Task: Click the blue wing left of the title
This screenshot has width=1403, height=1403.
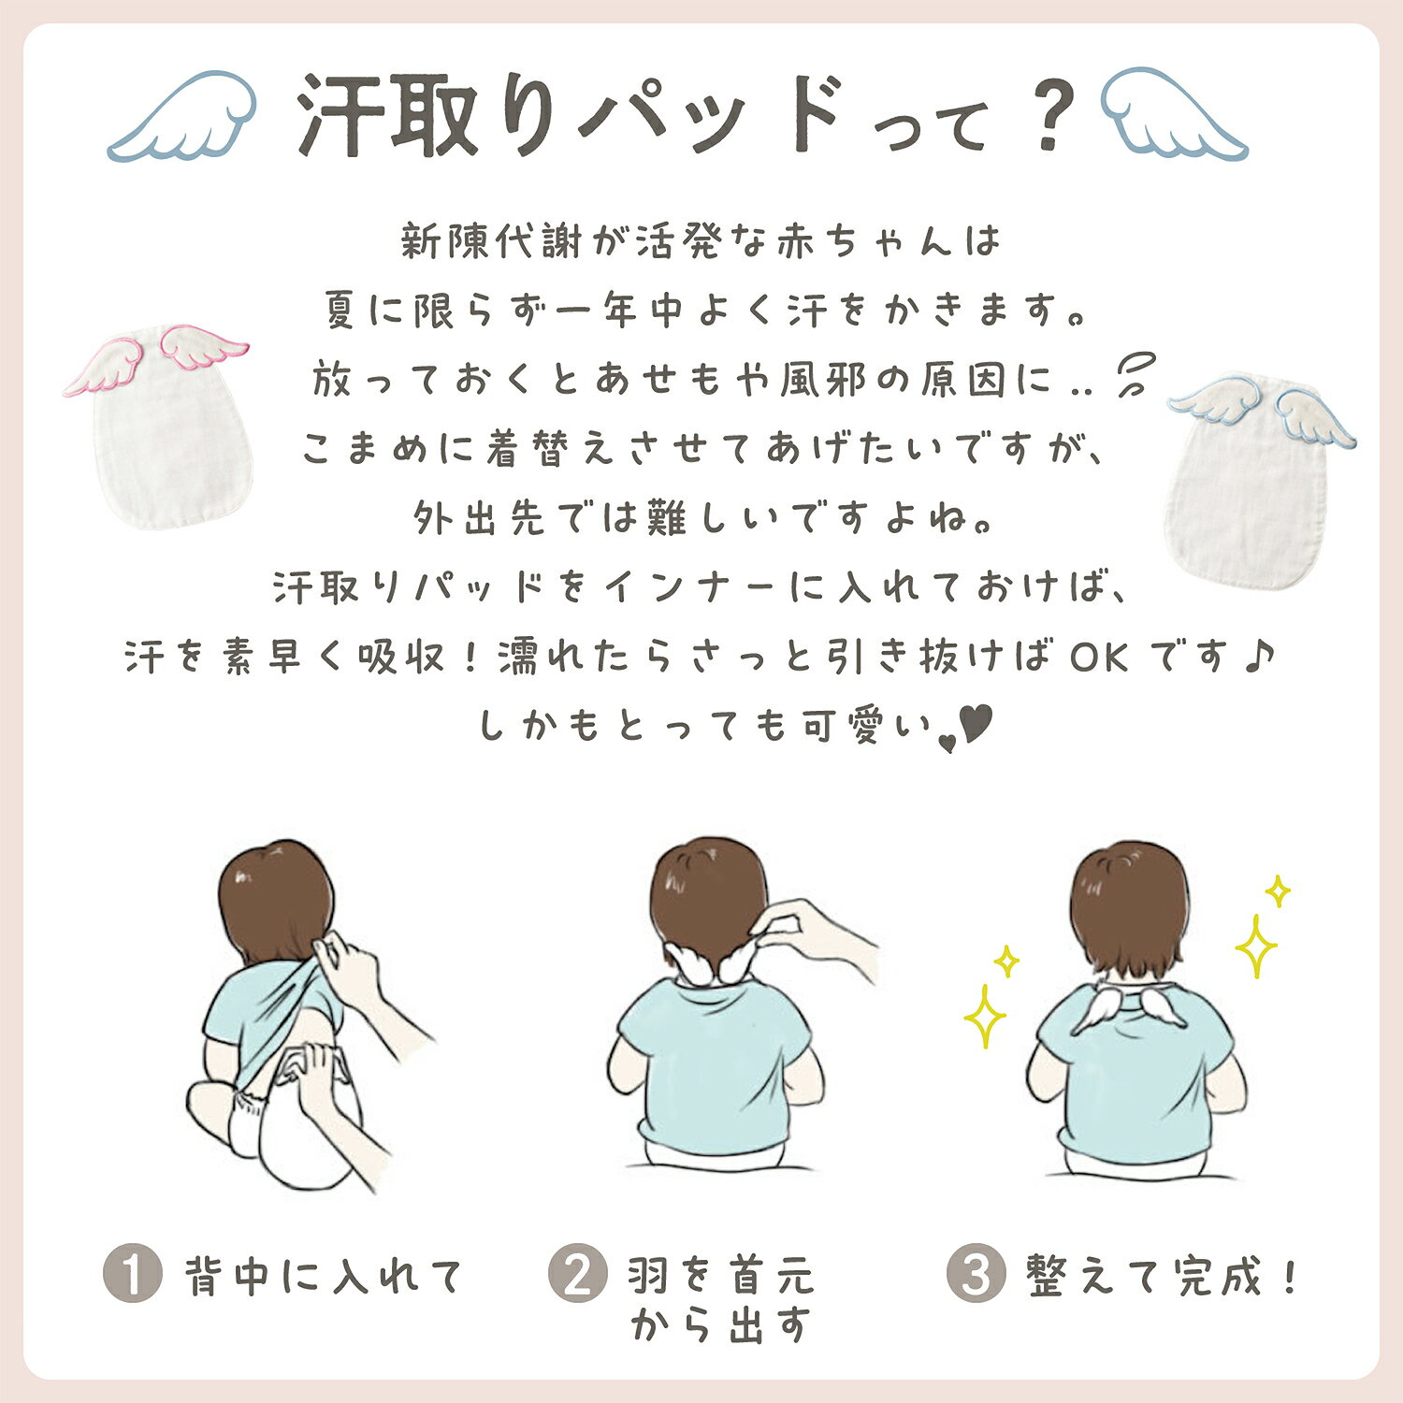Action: tap(182, 116)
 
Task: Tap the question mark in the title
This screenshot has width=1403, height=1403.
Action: tap(1051, 115)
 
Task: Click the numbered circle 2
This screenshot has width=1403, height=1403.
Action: tap(578, 1274)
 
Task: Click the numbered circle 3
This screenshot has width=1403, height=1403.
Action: tap(976, 1274)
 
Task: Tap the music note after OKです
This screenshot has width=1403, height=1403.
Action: tap(1260, 656)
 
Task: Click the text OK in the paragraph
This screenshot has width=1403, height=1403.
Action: tap(1100, 658)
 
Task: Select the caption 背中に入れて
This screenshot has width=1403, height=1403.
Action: tap(324, 1276)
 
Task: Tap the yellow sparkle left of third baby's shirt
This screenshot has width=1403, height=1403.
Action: tap(985, 1015)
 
